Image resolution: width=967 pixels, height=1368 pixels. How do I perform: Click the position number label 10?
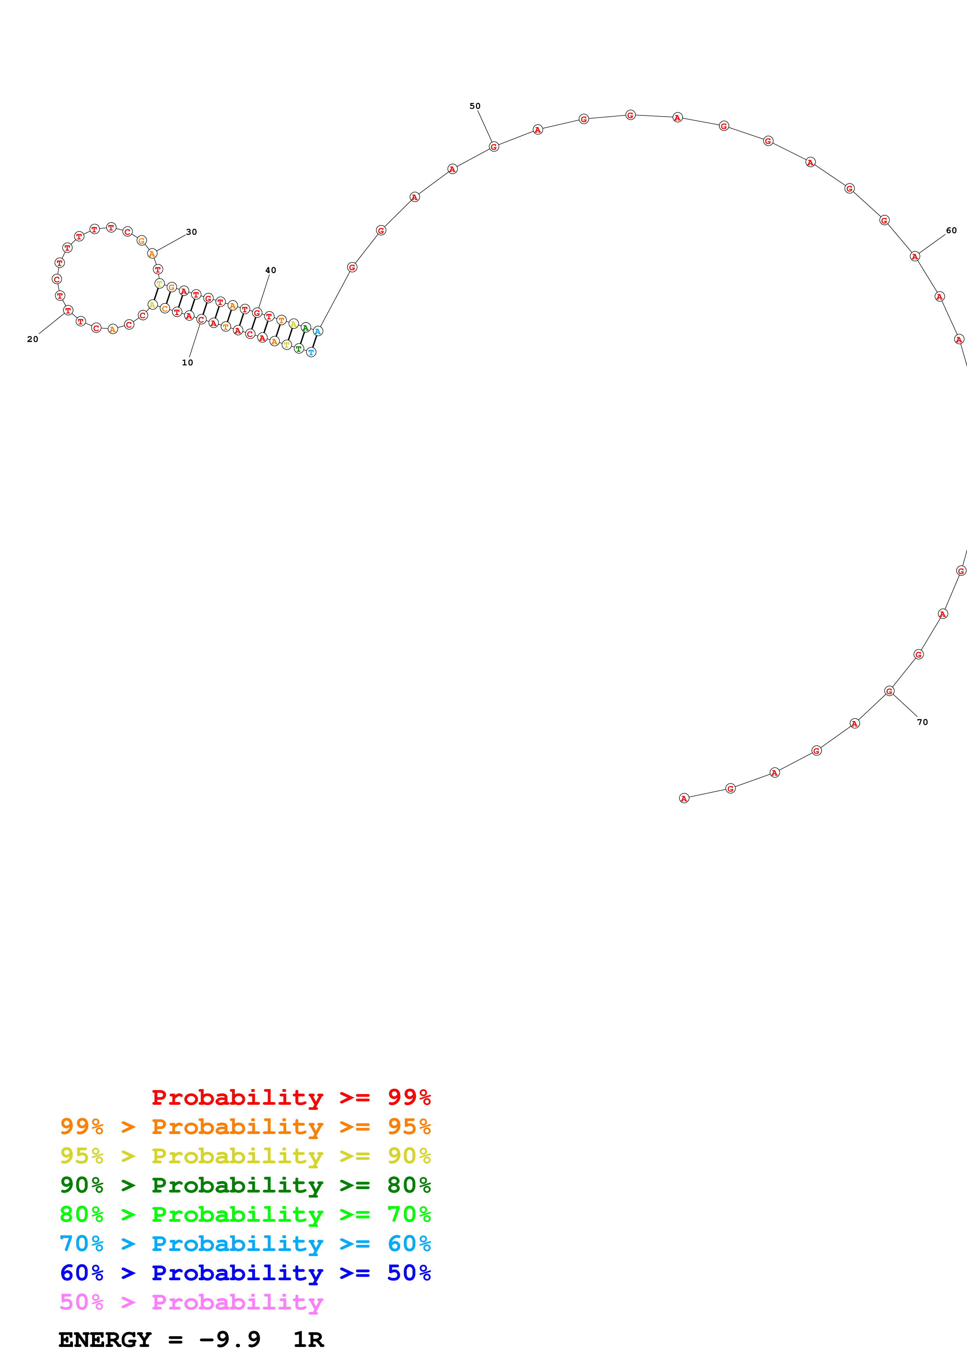coord(187,362)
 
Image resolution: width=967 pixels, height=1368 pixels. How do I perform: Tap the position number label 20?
coord(33,339)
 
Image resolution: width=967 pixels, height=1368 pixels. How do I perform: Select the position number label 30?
coord(191,232)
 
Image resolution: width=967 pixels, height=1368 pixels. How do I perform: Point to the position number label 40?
coord(270,270)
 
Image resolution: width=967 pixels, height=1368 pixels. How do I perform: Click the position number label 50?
coord(475,106)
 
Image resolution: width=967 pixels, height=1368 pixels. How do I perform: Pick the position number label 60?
coord(951,230)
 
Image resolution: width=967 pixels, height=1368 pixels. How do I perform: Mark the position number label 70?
coord(922,722)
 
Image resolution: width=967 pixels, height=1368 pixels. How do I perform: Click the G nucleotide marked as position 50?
coord(494,147)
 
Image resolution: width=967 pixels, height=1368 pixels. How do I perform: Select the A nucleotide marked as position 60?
coord(915,256)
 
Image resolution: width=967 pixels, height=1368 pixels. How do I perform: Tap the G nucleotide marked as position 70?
coord(889,691)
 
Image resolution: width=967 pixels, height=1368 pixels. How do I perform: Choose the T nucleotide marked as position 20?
coord(68,310)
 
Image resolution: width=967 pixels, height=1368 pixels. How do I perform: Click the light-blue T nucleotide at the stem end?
coord(311,352)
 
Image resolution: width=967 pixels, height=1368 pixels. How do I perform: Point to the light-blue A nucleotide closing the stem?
coord(318,331)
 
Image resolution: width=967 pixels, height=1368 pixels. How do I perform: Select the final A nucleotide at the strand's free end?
coord(684,798)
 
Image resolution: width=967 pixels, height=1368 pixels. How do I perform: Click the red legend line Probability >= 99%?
coord(291,1097)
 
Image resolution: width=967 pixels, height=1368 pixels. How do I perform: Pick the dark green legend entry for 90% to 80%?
coord(245,1185)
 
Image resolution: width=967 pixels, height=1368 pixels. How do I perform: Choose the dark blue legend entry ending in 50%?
coord(245,1273)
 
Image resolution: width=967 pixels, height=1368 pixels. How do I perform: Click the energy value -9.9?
coord(229,1340)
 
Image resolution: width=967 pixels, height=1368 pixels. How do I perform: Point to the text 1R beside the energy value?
coord(308,1340)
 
